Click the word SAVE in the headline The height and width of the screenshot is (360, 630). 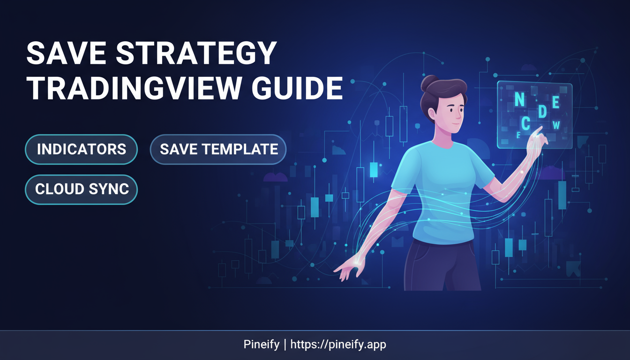pyautogui.click(x=66, y=53)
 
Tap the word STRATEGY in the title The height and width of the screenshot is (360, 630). pyautogui.click(x=196, y=53)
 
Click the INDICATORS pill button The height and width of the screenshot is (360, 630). pyautogui.click(x=81, y=149)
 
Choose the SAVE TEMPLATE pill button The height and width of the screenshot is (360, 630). pyautogui.click(x=218, y=149)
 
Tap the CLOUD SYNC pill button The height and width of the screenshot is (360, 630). pyautogui.click(x=81, y=189)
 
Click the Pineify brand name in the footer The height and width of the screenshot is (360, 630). pyautogui.click(x=261, y=344)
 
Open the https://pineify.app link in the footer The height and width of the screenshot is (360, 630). pyautogui.click(x=338, y=344)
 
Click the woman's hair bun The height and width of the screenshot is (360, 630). pyautogui.click(x=428, y=83)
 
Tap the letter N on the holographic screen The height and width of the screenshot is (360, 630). pyautogui.click(x=519, y=99)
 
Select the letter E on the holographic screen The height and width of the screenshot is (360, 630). pyautogui.click(x=555, y=102)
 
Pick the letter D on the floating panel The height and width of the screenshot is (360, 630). pyautogui.click(x=542, y=112)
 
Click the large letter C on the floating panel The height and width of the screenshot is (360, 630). pyautogui.click(x=525, y=123)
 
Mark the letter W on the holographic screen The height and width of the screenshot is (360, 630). pyautogui.click(x=556, y=125)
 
